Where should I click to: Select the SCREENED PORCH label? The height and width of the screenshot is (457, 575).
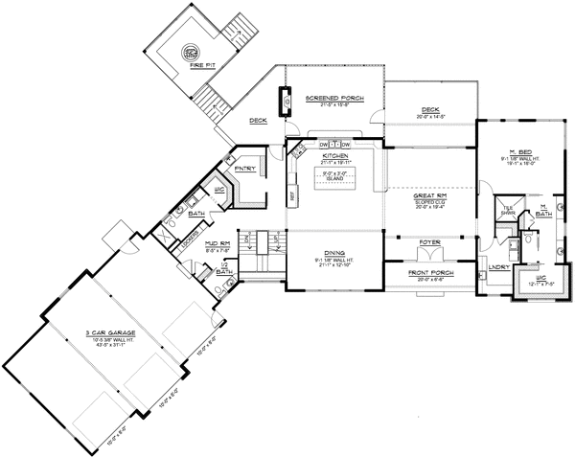333,98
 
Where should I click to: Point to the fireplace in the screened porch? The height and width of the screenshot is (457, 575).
284,100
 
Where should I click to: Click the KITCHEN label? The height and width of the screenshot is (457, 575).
333,155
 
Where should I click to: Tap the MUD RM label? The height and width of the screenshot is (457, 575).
218,244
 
